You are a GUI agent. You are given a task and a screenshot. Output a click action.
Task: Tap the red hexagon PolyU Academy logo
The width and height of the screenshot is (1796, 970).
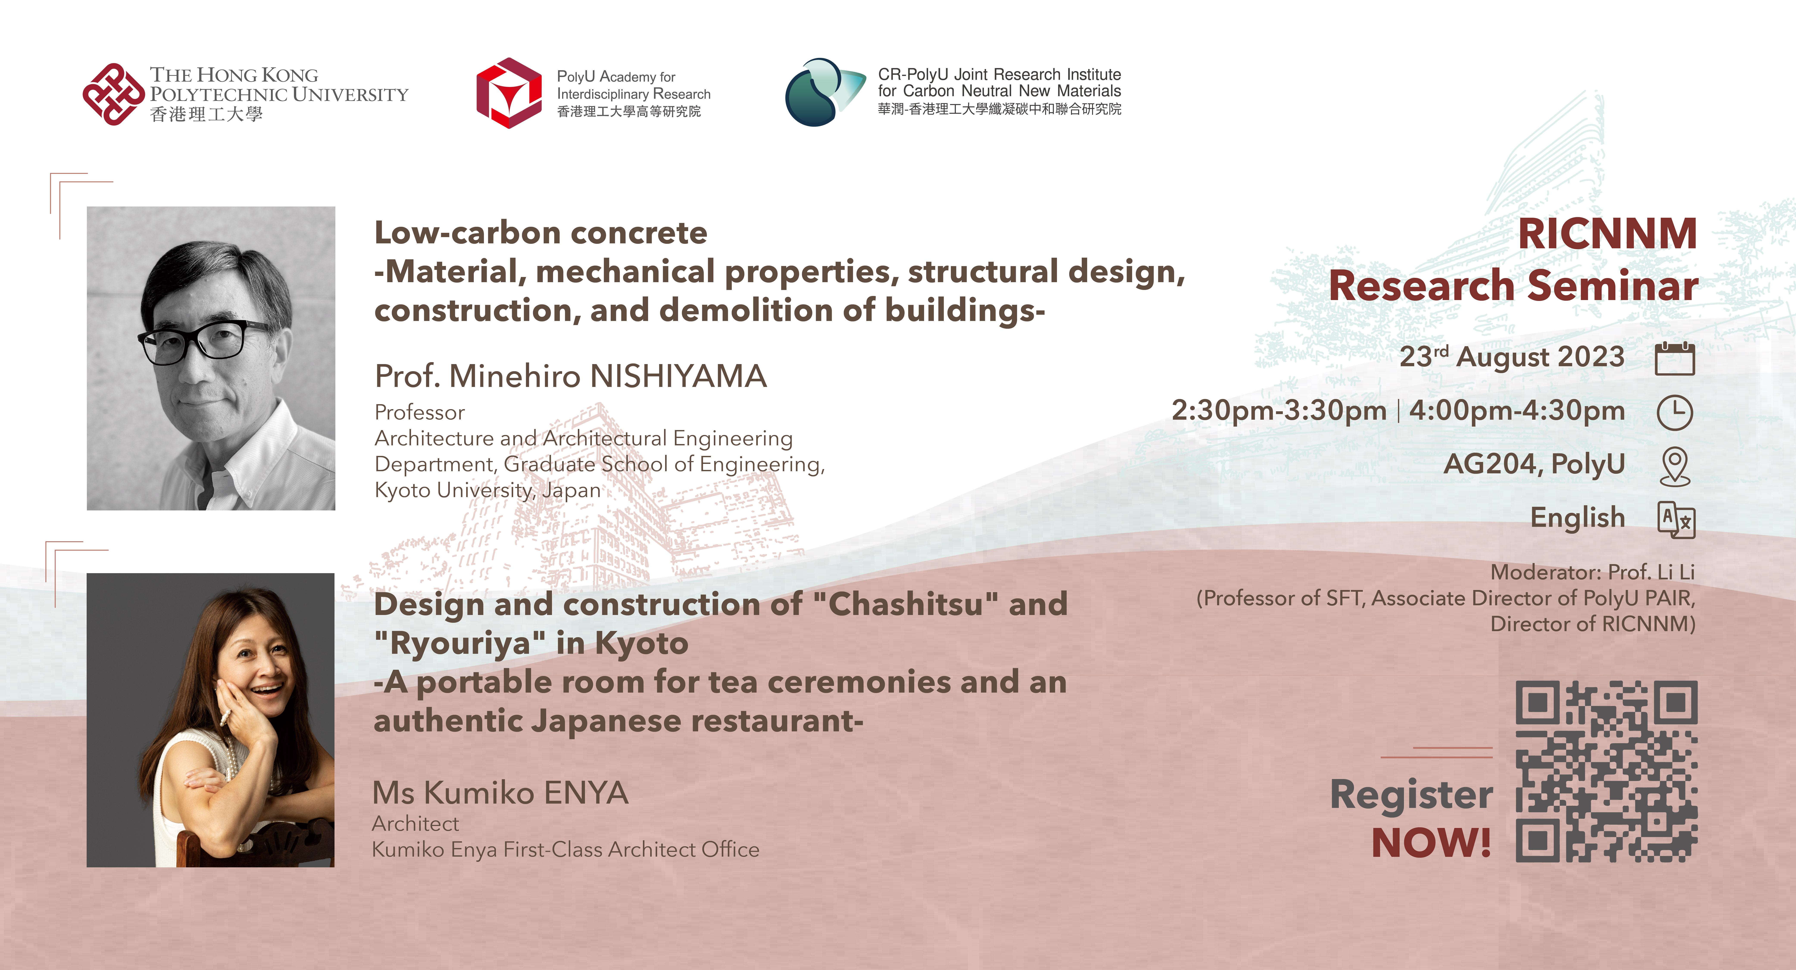point(509,93)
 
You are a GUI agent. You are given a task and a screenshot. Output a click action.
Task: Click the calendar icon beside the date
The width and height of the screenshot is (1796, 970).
point(1675,358)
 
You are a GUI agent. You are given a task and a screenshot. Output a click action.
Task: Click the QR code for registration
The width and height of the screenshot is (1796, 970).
point(1606,771)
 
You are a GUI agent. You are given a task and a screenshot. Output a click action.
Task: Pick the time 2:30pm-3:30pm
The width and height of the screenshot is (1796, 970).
point(1279,411)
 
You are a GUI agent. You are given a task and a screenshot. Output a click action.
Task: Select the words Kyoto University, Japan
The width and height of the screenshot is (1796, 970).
point(487,490)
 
